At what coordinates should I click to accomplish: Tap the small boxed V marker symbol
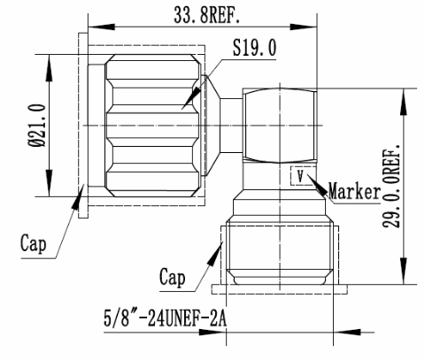(x=300, y=176)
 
